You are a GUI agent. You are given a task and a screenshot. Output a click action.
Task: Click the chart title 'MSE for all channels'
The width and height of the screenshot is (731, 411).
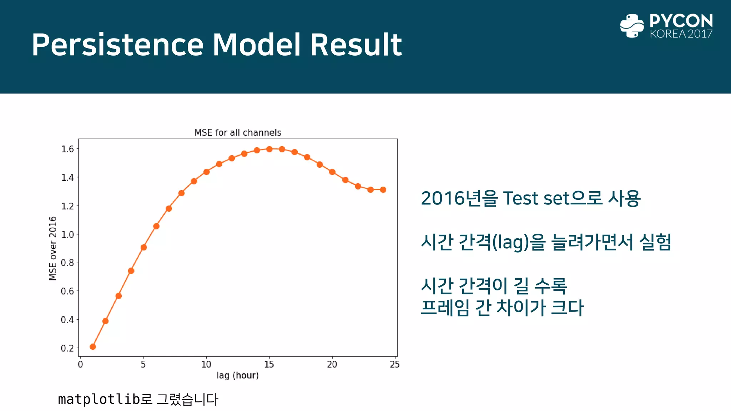pyautogui.click(x=238, y=133)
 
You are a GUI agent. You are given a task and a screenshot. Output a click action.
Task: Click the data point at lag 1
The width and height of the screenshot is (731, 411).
pyautogui.click(x=93, y=346)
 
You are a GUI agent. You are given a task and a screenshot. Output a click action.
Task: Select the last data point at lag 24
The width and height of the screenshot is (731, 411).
pyautogui.click(x=383, y=190)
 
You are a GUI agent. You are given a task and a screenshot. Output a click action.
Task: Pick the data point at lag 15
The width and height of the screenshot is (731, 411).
pyautogui.click(x=269, y=149)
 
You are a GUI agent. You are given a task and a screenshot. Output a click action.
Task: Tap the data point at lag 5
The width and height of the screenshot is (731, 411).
pyautogui.click(x=143, y=247)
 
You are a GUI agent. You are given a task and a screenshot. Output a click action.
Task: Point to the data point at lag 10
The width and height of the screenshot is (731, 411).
pyautogui.click(x=206, y=172)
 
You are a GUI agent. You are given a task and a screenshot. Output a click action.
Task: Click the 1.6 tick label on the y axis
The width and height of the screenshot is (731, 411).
pyautogui.click(x=67, y=149)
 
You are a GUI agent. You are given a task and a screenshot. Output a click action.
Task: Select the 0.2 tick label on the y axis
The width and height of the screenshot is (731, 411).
pyautogui.click(x=67, y=348)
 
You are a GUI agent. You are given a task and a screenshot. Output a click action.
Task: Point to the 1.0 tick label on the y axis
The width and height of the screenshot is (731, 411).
pyautogui.click(x=67, y=235)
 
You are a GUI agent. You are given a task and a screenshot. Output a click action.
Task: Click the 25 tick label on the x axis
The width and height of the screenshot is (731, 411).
pyautogui.click(x=395, y=364)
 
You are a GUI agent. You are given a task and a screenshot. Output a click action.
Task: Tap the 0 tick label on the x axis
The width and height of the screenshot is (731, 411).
pyautogui.click(x=80, y=364)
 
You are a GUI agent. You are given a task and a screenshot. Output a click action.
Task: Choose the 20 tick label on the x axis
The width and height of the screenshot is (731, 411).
pyautogui.click(x=332, y=364)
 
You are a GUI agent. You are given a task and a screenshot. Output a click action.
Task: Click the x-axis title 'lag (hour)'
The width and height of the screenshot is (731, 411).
pyautogui.click(x=237, y=375)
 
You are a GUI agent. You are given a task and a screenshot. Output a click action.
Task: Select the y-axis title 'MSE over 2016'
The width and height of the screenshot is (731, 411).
pyautogui.click(x=53, y=248)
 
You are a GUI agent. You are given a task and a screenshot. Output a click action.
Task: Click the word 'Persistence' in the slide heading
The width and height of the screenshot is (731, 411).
pyautogui.click(x=117, y=45)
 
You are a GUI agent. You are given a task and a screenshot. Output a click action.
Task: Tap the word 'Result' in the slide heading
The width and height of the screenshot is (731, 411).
pyautogui.click(x=356, y=45)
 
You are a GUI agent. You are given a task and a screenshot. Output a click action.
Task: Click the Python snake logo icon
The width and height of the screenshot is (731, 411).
pyautogui.click(x=632, y=26)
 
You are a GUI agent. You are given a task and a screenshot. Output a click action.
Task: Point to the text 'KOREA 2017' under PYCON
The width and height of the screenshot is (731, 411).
pyautogui.click(x=681, y=34)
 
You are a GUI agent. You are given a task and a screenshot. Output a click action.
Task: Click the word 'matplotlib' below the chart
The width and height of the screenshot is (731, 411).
pyautogui.click(x=99, y=399)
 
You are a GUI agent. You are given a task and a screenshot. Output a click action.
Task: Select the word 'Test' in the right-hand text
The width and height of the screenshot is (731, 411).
pyautogui.click(x=521, y=198)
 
